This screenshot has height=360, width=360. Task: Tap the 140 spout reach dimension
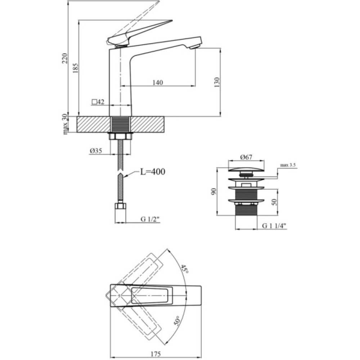158,82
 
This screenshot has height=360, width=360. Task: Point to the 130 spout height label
217,82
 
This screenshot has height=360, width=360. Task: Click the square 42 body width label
98,102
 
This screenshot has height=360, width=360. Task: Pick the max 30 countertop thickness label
65,124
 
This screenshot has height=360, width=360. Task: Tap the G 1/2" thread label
150,219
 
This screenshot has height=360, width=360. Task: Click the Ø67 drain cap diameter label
247,157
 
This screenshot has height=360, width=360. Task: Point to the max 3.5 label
288,165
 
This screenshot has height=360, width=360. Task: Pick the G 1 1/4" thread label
274,226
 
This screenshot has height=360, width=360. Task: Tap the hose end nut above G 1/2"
120,207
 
